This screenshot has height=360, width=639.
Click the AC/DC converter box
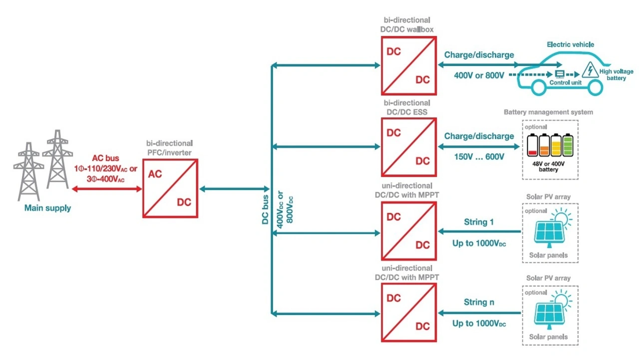pos(170,189)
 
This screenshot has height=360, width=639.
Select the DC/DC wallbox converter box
pos(409,65)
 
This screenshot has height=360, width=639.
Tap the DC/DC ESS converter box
pos(409,147)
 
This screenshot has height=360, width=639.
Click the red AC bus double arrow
pos(107,189)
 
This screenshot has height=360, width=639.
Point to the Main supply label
pos(47,208)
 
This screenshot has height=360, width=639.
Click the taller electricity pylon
pos(57,159)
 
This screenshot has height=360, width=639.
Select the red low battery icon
pos(532,145)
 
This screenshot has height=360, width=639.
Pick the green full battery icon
pos(568,145)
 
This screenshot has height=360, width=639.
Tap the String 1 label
pos(479,222)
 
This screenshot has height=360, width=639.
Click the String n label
pos(479,302)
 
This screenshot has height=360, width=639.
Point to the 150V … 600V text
pos(479,157)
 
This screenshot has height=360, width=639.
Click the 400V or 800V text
pos(479,75)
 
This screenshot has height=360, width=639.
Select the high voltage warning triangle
pos(590,70)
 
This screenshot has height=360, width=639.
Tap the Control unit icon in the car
pos(560,74)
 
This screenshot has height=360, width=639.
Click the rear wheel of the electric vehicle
pos(538,87)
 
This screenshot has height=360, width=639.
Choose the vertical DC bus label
pos(265,210)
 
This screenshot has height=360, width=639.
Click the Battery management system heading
pos(548,112)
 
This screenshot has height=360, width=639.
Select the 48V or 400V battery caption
pos(548,167)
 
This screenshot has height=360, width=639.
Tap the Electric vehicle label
pos(570,44)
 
